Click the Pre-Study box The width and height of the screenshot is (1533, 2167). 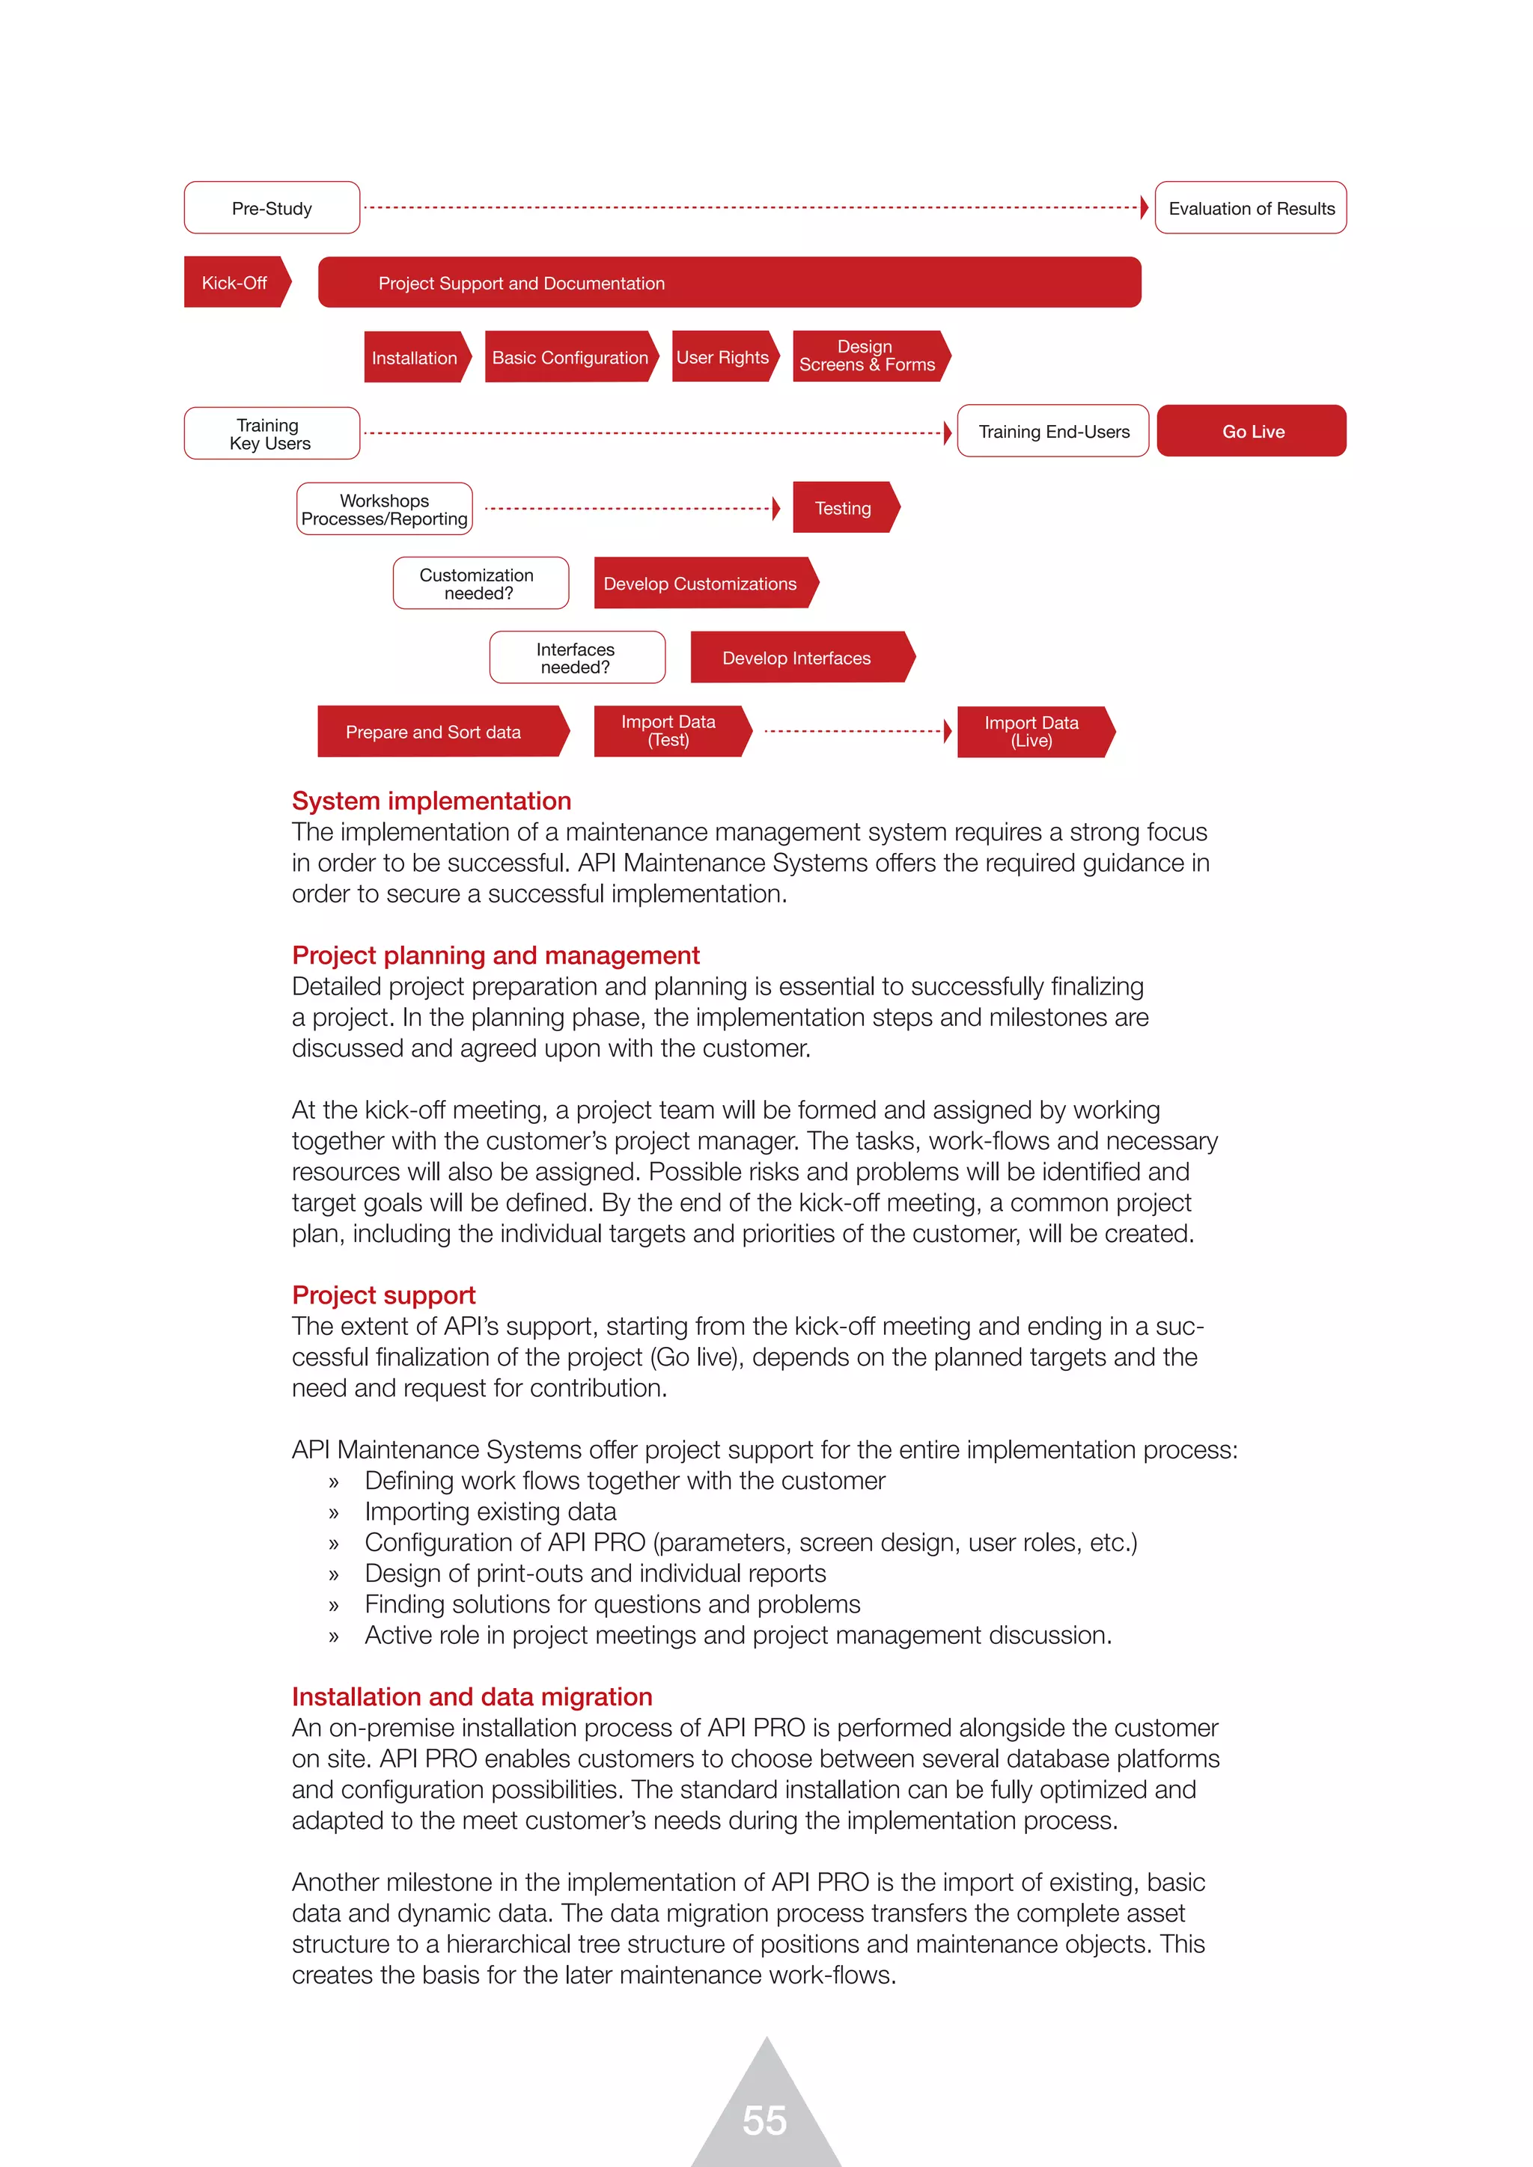(272, 207)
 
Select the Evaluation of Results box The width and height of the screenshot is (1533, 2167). (1251, 207)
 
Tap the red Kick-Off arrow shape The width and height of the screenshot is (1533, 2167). (235, 282)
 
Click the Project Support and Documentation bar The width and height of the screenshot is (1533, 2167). (729, 282)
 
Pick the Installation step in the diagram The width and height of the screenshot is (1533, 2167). (415, 357)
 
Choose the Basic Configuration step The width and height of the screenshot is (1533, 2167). (570, 357)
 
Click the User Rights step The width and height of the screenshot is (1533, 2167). (724, 357)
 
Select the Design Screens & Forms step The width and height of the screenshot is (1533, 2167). (868, 356)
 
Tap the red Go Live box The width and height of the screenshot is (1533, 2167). (1252, 431)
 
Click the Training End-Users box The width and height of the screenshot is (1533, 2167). (1052, 431)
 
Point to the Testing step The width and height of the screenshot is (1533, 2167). (844, 508)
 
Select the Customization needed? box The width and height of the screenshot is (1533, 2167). (481, 583)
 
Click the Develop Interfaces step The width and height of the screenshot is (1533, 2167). (799, 657)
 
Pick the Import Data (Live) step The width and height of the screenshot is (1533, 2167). (1033, 732)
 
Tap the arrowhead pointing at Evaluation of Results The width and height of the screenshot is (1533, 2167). (1144, 207)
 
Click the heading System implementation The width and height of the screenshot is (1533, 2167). (431, 801)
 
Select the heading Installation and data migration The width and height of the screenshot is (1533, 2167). (472, 1696)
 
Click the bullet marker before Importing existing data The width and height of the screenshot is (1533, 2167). (333, 1513)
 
